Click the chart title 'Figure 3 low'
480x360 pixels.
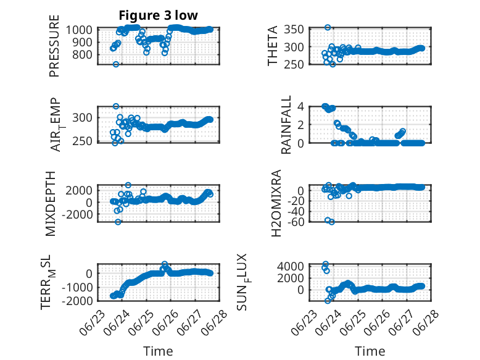point(159,15)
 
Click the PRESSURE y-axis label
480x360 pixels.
point(54,46)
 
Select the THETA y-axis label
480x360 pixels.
point(272,46)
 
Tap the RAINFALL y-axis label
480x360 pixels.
point(286,125)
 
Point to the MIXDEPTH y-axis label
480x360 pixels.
point(51,204)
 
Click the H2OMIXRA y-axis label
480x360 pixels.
point(276,203)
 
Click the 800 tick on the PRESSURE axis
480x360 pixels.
point(81,55)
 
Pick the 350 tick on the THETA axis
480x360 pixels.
point(294,30)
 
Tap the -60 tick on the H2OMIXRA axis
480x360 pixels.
point(296,222)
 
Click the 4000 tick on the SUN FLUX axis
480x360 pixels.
point(291,266)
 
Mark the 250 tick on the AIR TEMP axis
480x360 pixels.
point(81,141)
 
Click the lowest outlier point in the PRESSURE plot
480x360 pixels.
point(116,64)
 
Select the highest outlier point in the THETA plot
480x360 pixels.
point(328,27)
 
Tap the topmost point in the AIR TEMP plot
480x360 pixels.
point(116,106)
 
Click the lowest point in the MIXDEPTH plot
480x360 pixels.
point(118,222)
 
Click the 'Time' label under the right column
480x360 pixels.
point(370,351)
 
